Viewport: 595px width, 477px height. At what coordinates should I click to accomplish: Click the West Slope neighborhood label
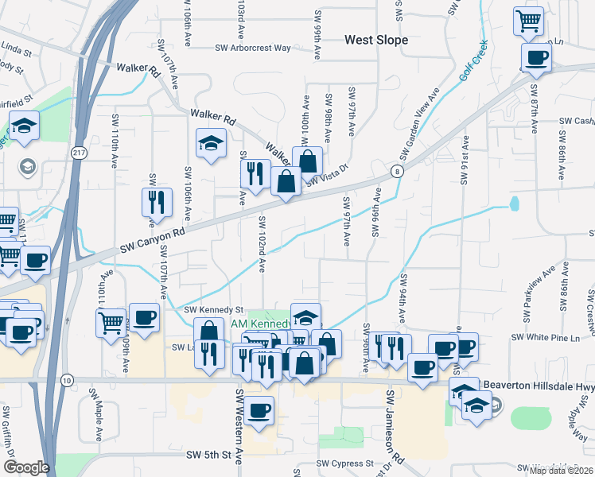tap(376, 40)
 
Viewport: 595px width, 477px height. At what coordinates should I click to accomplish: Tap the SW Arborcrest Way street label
tap(253, 48)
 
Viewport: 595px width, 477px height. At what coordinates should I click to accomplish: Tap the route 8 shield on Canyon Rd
tap(395, 171)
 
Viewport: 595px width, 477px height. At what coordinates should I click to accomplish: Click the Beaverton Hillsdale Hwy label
tap(550, 386)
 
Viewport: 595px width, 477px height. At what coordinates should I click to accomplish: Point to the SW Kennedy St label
tap(213, 309)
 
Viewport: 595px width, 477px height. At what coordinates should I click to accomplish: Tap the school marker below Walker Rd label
tap(211, 143)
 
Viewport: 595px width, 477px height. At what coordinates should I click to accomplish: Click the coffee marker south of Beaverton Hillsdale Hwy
tap(259, 410)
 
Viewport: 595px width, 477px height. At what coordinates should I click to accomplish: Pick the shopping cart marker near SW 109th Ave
tap(111, 322)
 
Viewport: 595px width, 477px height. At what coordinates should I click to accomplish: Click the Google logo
tap(26, 467)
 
